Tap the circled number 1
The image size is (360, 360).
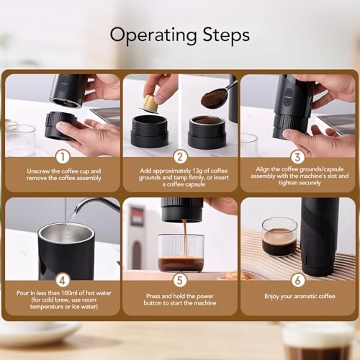[63, 156]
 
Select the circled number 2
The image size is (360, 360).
[180, 156]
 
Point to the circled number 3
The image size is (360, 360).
[297, 156]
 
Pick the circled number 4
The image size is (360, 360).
[63, 279]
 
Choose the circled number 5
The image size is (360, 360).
[180, 279]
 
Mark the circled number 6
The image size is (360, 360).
[297, 279]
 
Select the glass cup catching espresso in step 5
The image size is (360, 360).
[181, 251]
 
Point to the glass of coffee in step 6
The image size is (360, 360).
[279, 237]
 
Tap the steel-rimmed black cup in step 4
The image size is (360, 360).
[66, 248]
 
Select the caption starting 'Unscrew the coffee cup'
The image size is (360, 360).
[63, 174]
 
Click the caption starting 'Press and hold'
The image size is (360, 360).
[180, 298]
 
